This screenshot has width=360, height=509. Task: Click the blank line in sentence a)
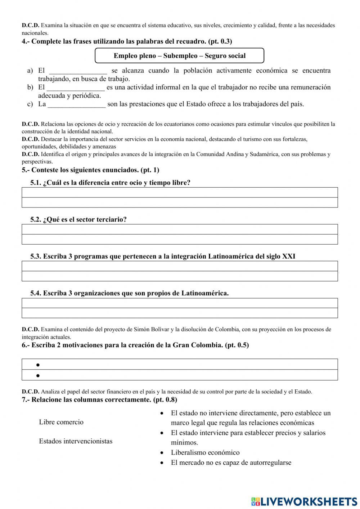tap(78, 71)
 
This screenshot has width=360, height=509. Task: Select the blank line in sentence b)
tap(76, 88)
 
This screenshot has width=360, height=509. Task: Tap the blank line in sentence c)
tap(77, 104)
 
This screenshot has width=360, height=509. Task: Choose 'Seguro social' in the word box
tap(225, 56)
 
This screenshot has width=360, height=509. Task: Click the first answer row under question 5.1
tap(180, 192)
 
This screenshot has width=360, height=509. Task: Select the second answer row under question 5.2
tap(180, 239)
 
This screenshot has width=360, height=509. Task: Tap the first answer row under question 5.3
tap(180, 266)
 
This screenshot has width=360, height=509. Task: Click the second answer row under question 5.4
tap(180, 313)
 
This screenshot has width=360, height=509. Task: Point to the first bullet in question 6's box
tap(38, 365)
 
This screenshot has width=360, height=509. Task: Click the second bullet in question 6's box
tap(38, 375)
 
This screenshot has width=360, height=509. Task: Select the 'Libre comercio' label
tap(61, 422)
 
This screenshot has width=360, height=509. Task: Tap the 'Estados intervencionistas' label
tap(76, 441)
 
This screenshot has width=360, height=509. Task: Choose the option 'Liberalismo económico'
tap(205, 453)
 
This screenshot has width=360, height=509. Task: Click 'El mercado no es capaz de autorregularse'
tap(231, 463)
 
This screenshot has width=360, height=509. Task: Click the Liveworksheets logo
tap(304, 501)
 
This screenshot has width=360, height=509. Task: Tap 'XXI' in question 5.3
tap(289, 256)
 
